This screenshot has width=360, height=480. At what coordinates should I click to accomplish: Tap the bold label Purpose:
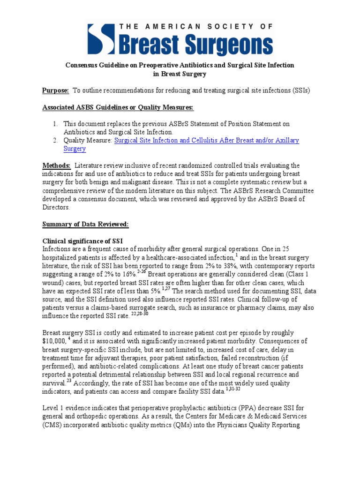[56, 90]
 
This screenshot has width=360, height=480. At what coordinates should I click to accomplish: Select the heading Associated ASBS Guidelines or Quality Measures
[118, 107]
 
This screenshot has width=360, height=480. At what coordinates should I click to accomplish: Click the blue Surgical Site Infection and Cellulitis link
[207, 141]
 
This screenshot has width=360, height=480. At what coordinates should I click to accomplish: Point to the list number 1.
[55, 124]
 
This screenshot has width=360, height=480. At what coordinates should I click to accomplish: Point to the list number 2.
[55, 141]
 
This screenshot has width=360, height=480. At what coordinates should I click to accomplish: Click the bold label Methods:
[56, 165]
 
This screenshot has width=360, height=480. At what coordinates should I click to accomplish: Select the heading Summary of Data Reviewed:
[85, 225]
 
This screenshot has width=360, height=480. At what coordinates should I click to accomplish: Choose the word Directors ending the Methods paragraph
[56, 208]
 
